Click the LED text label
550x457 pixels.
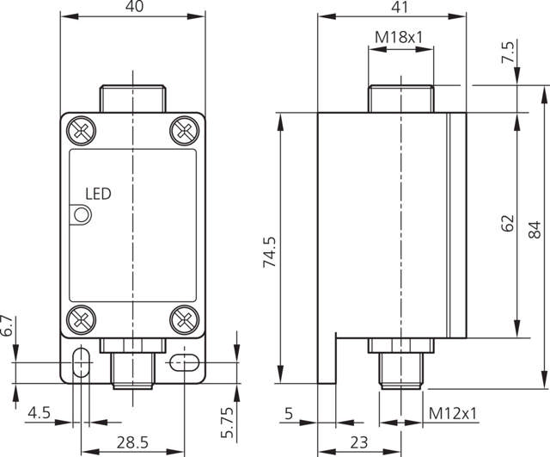(x=98, y=194)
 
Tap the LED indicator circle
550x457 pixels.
(x=82, y=214)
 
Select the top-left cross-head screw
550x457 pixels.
(x=81, y=131)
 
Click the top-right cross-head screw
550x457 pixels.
(x=185, y=131)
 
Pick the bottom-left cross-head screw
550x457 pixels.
(x=81, y=319)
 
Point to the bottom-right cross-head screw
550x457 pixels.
(x=185, y=319)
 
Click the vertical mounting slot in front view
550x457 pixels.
(x=81, y=361)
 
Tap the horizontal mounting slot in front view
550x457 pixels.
(x=184, y=362)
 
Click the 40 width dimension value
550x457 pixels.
(x=134, y=6)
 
